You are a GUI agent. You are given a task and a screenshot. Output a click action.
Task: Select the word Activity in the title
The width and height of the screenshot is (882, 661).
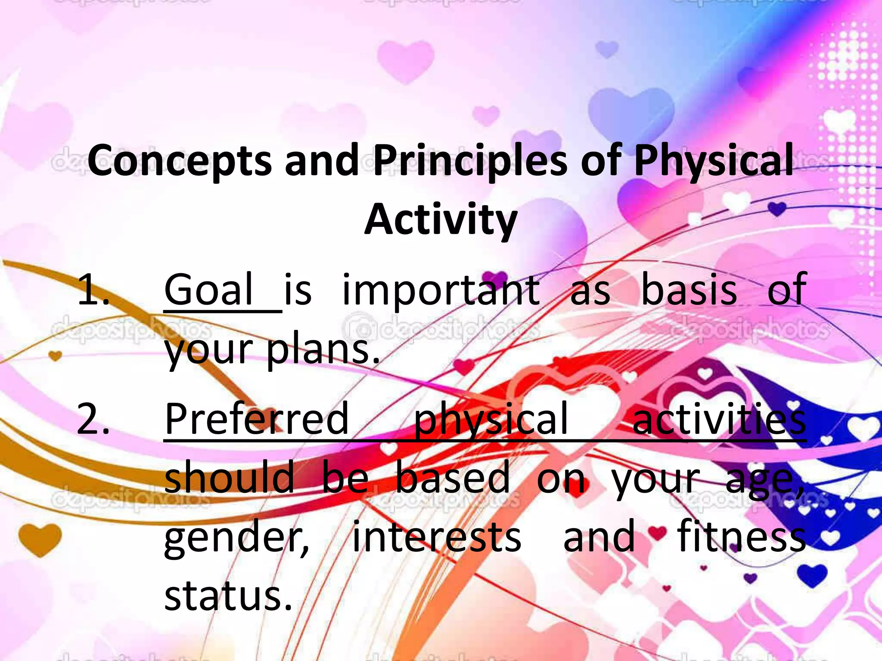pos(441,220)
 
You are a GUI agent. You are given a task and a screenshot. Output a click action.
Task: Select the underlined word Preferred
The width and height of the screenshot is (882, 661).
pos(257,418)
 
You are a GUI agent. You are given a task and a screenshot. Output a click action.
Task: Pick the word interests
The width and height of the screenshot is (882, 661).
pos(437,537)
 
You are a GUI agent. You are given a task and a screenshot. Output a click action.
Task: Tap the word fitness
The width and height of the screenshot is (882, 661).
pos(741,536)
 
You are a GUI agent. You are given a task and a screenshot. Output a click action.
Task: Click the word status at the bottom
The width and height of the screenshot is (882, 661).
pos(228,596)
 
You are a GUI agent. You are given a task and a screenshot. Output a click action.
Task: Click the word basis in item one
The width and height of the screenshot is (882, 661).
pos(689,290)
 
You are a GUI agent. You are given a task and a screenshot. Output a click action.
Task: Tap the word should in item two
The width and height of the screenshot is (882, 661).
pos(229,478)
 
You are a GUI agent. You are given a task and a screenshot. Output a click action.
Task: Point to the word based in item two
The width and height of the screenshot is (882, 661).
pos(452,478)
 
